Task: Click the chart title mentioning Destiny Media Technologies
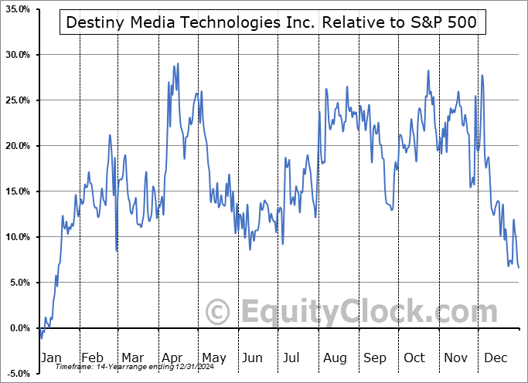pos(272,23)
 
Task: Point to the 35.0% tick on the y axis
pos(17,9)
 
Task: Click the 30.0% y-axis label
pos(17,55)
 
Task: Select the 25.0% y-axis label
pos(17,100)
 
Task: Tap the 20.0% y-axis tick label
pos(17,146)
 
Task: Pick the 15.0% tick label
pos(17,191)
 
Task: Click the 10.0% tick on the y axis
pos(17,237)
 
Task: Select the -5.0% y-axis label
pos(17,374)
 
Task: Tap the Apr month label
pos(173,358)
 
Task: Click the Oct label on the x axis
pos(415,358)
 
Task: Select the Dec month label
pos(496,358)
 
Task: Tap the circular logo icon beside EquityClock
pos(219,313)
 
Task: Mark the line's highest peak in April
pos(178,64)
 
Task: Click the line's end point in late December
pos(519,267)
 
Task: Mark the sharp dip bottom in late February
pos(117,251)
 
